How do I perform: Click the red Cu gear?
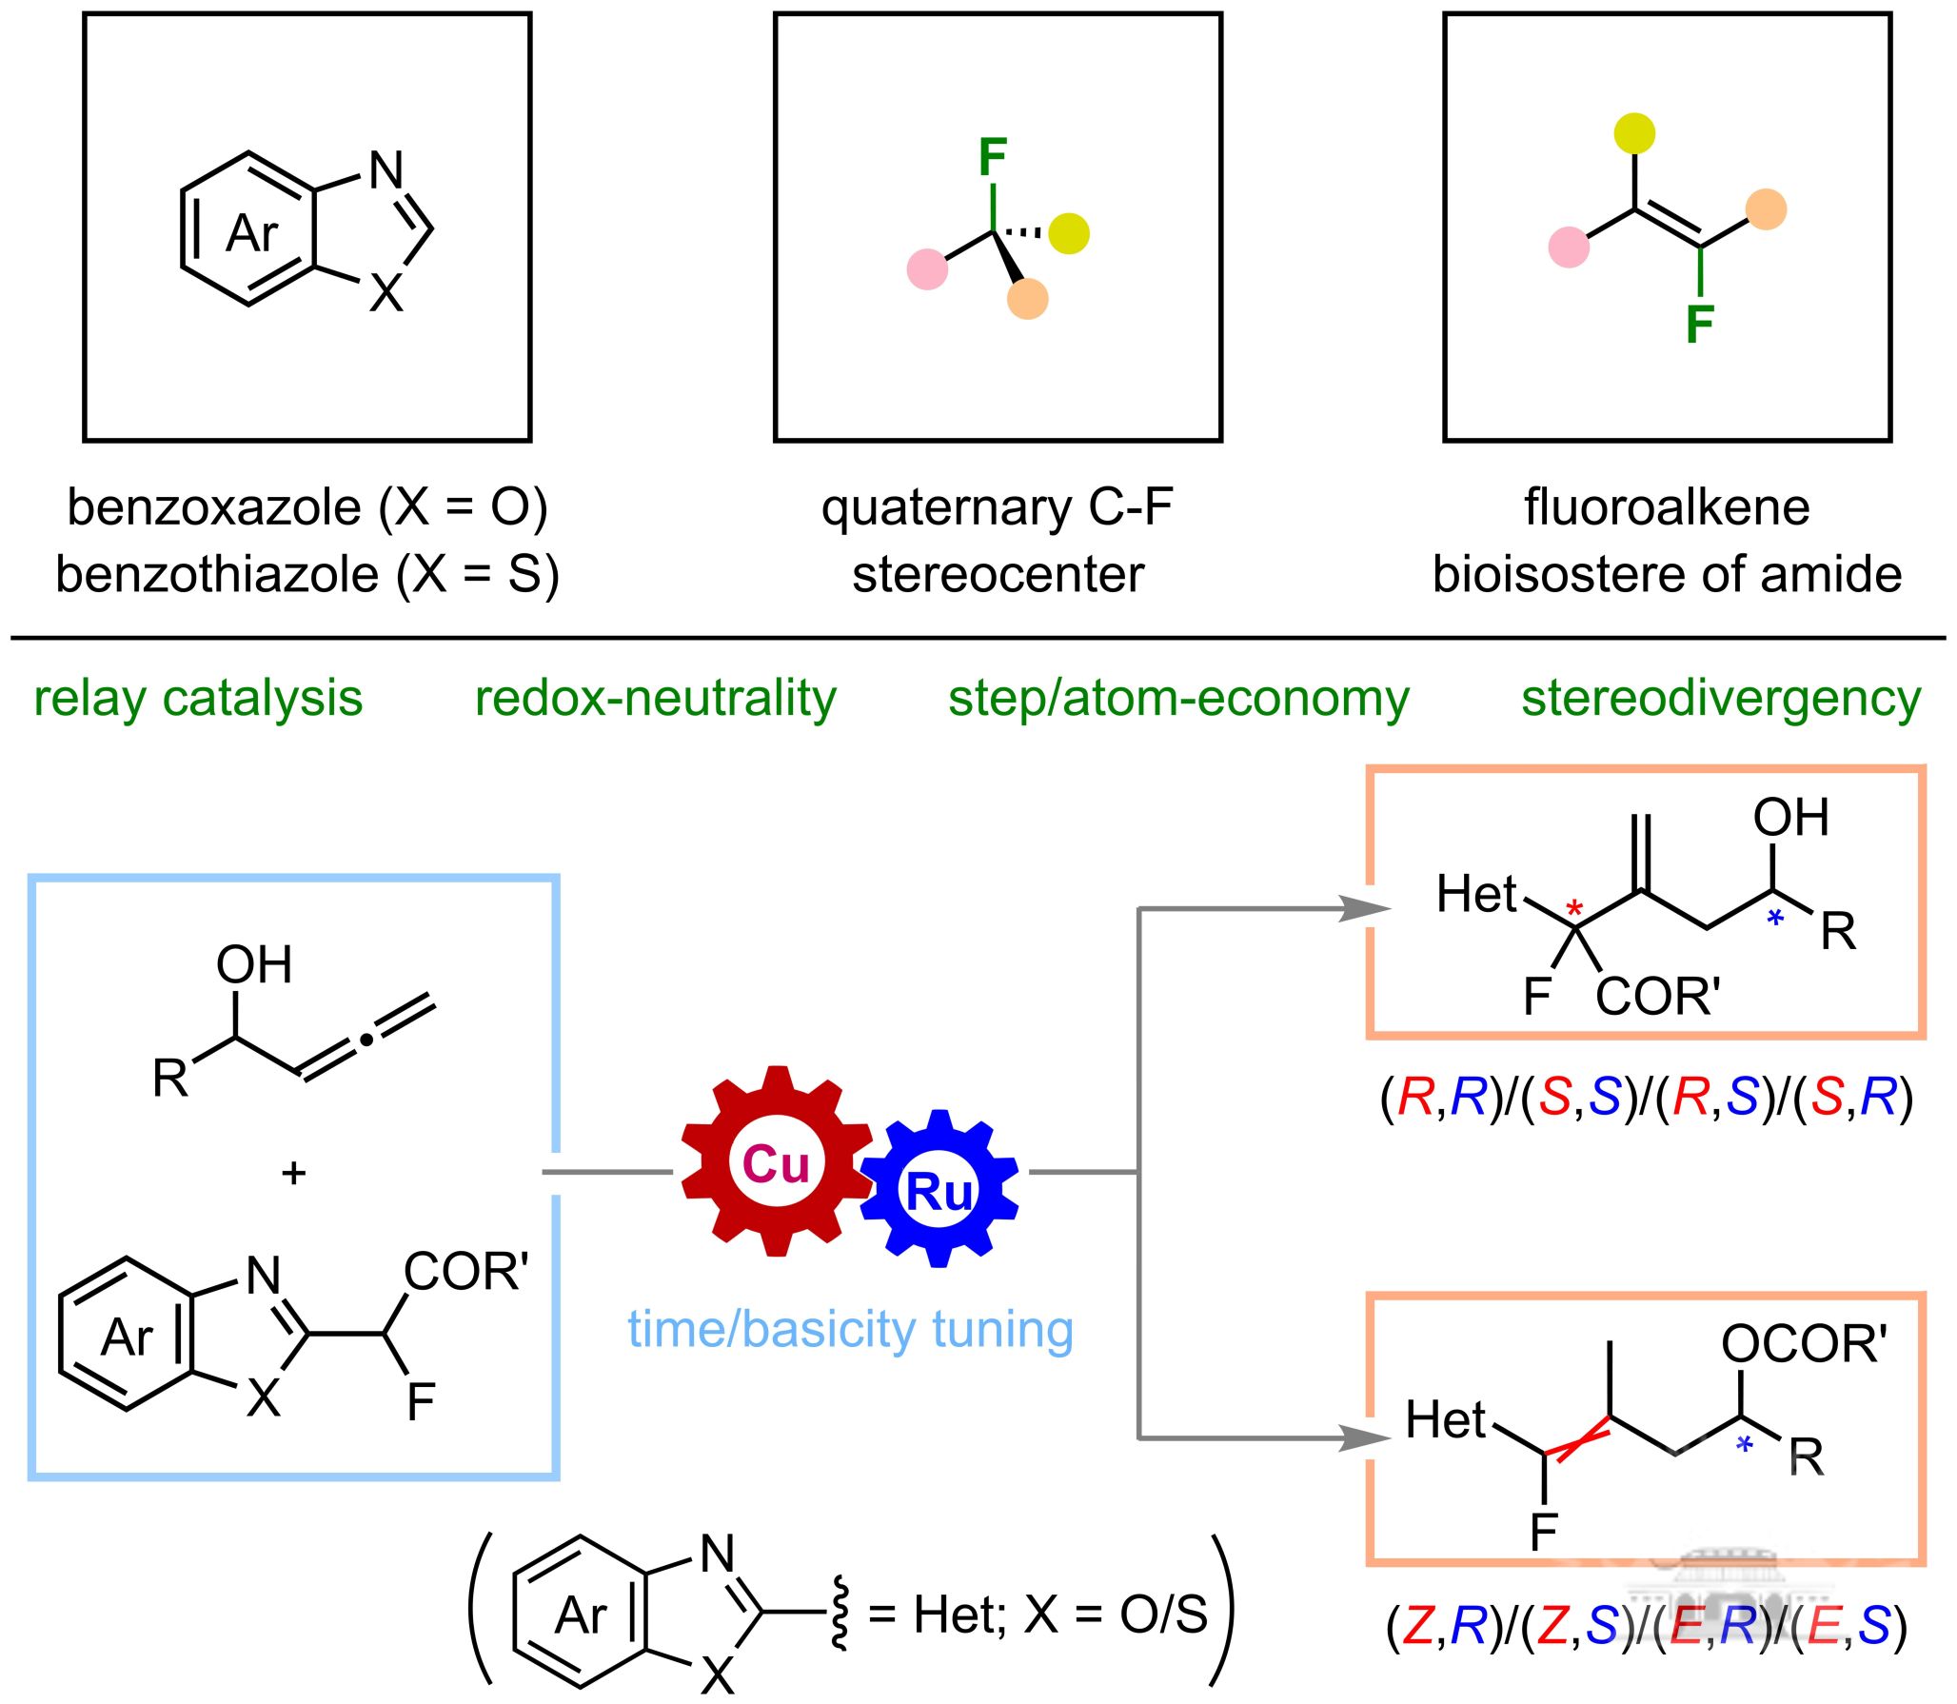(x=777, y=1162)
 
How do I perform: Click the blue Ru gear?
(x=939, y=1190)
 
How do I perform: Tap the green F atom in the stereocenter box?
(x=993, y=157)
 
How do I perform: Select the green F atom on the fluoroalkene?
(x=1700, y=324)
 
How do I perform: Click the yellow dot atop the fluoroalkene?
(x=1634, y=133)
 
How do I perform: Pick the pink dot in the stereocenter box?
(x=927, y=268)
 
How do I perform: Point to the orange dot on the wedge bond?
(x=1028, y=298)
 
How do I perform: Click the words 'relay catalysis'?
(x=198, y=698)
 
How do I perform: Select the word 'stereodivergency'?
(x=1721, y=698)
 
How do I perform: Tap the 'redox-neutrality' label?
(x=655, y=698)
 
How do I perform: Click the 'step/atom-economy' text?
(x=1178, y=698)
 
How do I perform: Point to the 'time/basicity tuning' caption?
(x=850, y=1329)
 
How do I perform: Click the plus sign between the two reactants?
(x=294, y=1172)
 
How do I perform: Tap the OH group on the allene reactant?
(x=253, y=964)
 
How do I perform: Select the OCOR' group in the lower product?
(x=1803, y=1344)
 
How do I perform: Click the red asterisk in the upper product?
(x=1574, y=908)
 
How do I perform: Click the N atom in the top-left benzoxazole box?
(x=386, y=170)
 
